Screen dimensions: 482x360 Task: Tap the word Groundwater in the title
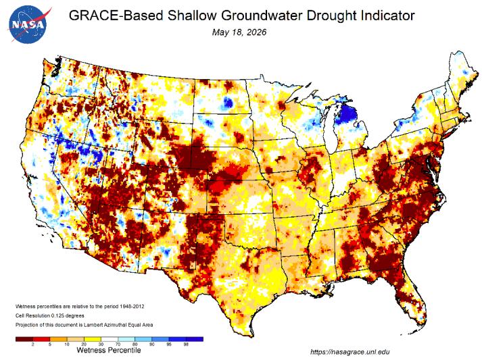(262, 16)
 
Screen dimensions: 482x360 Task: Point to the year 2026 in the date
(257, 32)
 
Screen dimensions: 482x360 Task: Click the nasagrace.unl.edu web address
(350, 352)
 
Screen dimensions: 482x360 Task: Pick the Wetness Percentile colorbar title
(109, 350)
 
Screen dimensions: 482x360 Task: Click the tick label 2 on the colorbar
(32, 344)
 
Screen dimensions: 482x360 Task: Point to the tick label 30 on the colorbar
(101, 344)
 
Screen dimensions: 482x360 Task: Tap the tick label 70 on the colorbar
(118, 344)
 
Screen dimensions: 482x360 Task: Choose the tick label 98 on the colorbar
(186, 344)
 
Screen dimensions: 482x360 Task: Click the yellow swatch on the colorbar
(92, 339)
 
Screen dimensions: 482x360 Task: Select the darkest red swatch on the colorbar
(24, 339)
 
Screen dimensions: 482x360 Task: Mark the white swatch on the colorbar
(109, 339)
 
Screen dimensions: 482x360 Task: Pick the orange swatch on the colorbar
(58, 339)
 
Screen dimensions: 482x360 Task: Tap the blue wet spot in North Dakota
(228, 102)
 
